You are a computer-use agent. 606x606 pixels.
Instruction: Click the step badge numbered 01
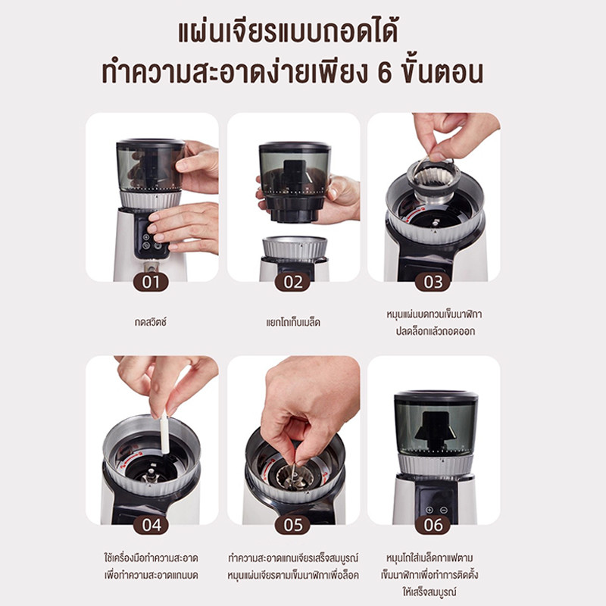click(151, 282)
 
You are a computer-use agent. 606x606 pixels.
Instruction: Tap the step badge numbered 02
click(293, 282)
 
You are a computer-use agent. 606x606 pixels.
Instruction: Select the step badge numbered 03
click(433, 282)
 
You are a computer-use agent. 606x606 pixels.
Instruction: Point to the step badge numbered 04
click(151, 525)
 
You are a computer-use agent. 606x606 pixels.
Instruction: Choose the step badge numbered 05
click(293, 525)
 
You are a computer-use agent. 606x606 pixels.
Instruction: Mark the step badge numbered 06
click(433, 525)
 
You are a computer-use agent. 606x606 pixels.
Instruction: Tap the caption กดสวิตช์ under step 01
click(151, 322)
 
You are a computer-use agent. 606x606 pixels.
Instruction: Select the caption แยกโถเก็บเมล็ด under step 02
click(293, 323)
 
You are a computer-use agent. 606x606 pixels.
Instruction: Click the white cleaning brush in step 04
click(164, 432)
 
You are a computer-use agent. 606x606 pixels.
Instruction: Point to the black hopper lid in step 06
click(436, 398)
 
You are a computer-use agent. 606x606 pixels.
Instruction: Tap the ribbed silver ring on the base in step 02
click(295, 248)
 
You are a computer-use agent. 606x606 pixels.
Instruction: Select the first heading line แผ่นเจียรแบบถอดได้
click(288, 33)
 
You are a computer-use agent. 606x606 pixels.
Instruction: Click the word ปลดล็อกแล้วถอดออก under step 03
click(435, 331)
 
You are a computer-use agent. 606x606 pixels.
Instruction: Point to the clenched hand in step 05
click(309, 406)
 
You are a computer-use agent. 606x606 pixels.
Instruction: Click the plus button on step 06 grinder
click(429, 510)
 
